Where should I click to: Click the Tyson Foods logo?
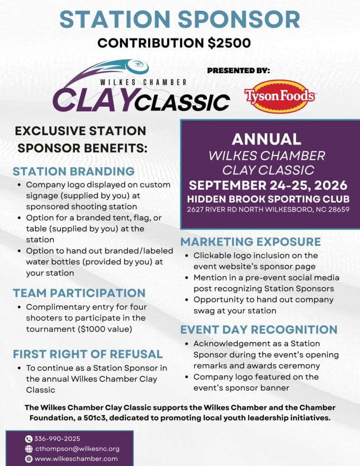coord(279,96)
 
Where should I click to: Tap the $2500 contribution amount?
coord(229,43)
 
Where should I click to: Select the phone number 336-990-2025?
coord(57,439)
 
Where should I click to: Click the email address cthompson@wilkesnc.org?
coord(77,449)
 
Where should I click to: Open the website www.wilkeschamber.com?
coord(76,459)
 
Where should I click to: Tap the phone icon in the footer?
coord(29,439)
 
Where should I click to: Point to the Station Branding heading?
coord(74,172)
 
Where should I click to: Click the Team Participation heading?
coord(79,293)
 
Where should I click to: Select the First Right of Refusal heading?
coord(88,354)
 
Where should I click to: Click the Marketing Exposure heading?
coord(251,242)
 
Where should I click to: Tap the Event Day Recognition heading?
coord(259,329)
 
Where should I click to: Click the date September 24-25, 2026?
coord(268,185)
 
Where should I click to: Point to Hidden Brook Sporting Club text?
coord(268,199)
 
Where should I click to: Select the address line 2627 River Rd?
coord(268,209)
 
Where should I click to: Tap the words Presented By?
coord(238,71)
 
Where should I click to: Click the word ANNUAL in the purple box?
coord(266,139)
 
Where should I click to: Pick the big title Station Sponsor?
coord(180,19)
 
